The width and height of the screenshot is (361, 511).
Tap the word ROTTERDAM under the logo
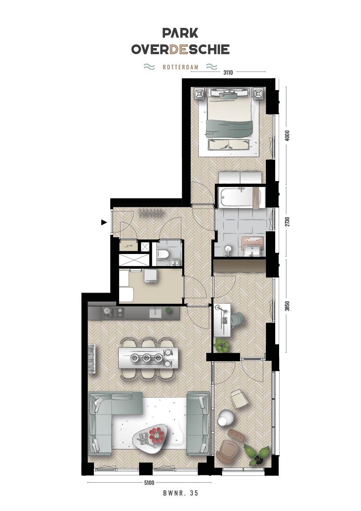click(x=180, y=67)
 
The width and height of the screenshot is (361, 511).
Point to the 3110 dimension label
click(x=228, y=73)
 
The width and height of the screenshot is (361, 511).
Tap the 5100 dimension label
click(x=149, y=483)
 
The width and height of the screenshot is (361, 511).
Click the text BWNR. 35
click(x=180, y=493)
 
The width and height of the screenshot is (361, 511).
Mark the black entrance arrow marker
click(x=104, y=222)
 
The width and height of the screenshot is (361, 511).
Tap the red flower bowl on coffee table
click(x=156, y=435)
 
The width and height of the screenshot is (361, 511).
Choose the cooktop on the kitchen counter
click(x=113, y=313)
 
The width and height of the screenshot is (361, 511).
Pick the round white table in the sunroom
click(x=224, y=418)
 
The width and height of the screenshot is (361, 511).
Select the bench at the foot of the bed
click(x=229, y=144)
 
